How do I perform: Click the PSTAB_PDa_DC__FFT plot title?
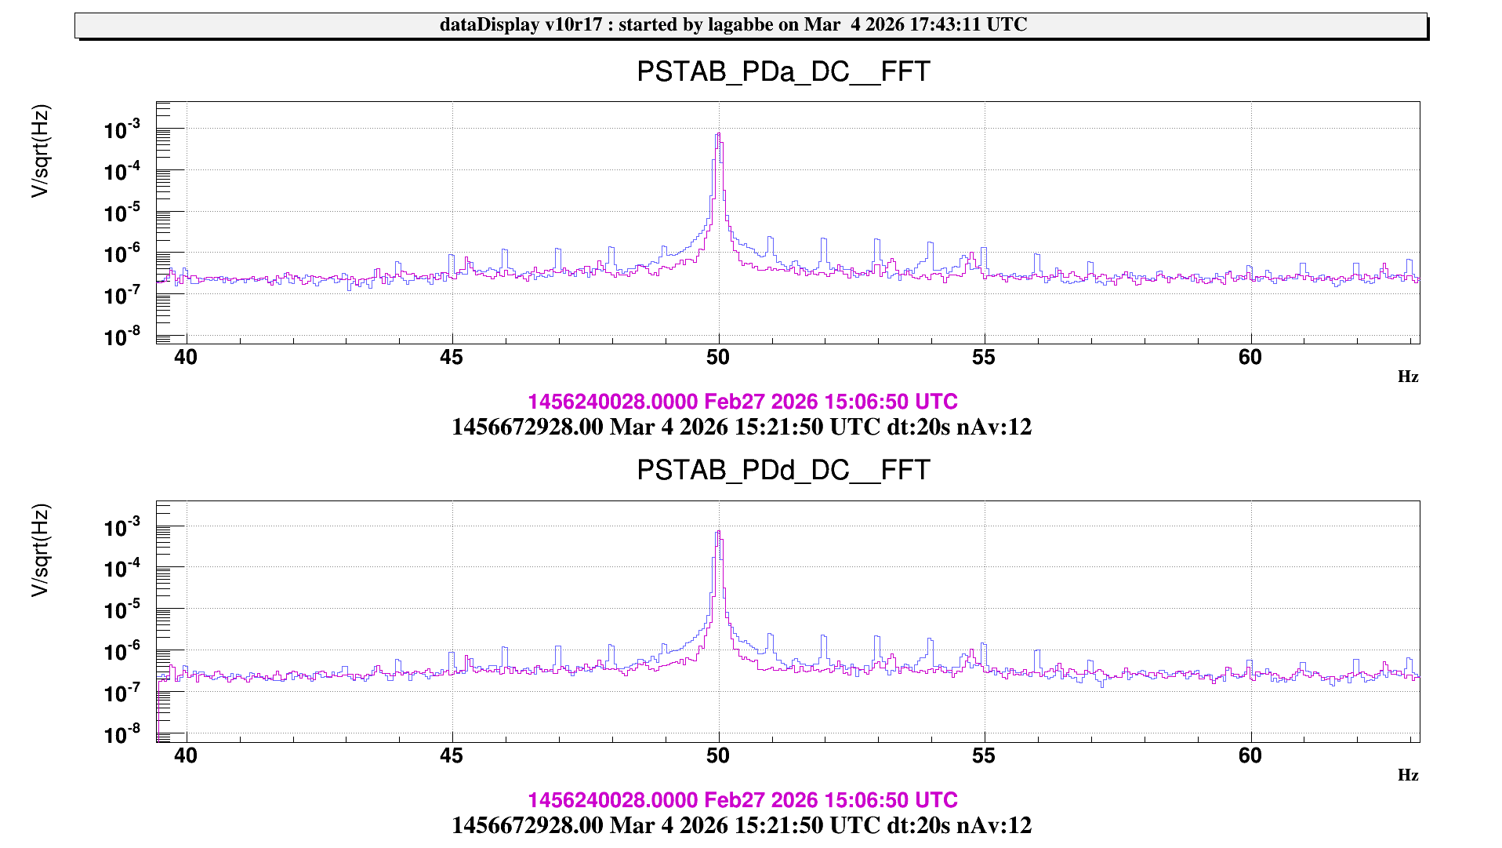(782, 71)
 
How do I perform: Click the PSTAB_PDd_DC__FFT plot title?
(782, 470)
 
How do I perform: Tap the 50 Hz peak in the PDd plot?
(718, 534)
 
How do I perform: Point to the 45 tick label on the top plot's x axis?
(452, 358)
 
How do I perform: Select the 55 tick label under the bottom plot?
(983, 755)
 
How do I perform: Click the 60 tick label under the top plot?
(1250, 358)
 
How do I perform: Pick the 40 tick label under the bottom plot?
(186, 755)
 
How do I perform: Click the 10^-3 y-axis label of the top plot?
(122, 129)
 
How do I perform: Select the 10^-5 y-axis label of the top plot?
(122, 213)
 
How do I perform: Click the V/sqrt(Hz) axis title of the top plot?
(40, 151)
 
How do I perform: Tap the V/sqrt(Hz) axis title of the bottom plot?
(40, 550)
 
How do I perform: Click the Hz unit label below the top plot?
(1407, 377)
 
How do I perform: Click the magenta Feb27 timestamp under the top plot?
(742, 402)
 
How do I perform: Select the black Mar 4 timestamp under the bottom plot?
(741, 825)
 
